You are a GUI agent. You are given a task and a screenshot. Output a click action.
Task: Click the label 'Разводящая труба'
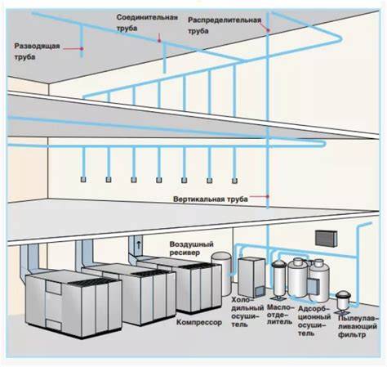(x=37, y=51)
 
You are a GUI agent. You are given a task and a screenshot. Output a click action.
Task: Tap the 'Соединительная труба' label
(x=147, y=23)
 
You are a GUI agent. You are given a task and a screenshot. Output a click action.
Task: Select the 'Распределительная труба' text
(x=225, y=25)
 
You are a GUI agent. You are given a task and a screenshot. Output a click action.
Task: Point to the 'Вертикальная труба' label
(x=211, y=199)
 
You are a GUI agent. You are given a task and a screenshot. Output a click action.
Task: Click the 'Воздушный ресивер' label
(x=191, y=248)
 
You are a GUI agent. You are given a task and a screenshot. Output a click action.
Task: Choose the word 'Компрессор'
(x=199, y=322)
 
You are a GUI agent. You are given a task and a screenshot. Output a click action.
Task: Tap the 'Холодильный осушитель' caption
(x=247, y=311)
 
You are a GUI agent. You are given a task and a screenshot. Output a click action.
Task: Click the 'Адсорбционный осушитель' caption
(x=314, y=320)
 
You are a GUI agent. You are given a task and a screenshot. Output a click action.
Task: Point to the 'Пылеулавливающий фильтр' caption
(x=358, y=326)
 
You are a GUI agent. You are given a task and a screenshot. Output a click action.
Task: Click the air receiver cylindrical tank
(x=221, y=273)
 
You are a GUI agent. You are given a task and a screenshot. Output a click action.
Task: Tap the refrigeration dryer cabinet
(x=251, y=277)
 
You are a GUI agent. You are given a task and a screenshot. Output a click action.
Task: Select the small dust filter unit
(x=342, y=300)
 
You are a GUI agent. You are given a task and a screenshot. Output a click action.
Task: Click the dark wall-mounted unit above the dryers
(x=327, y=239)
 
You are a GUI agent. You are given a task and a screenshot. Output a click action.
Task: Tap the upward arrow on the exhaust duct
(x=139, y=244)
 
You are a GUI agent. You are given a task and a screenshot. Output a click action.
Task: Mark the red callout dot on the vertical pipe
(x=268, y=196)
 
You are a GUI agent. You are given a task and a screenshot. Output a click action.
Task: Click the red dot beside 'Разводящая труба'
(x=82, y=48)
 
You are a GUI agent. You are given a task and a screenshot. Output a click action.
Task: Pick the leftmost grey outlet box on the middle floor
(x=83, y=179)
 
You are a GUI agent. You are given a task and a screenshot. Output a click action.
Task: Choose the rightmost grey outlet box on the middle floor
(x=234, y=181)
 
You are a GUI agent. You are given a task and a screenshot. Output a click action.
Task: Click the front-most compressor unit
(x=73, y=303)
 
